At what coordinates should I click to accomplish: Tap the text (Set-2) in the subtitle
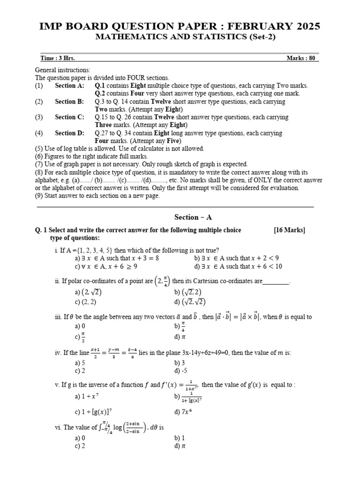257,37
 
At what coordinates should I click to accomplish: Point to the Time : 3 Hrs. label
58,58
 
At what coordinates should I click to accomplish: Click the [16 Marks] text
289,230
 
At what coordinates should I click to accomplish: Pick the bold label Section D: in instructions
69,133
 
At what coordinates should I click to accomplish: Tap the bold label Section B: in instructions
69,101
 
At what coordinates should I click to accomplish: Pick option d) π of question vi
180,446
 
